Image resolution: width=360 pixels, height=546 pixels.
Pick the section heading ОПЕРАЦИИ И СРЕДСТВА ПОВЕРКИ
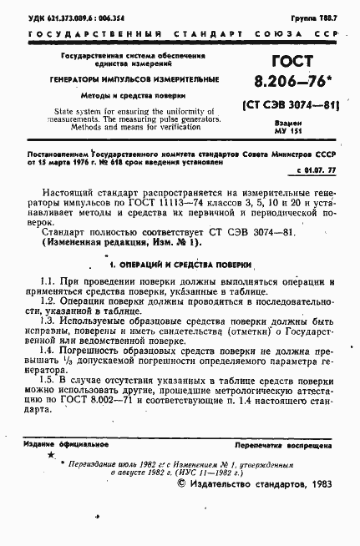182,265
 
